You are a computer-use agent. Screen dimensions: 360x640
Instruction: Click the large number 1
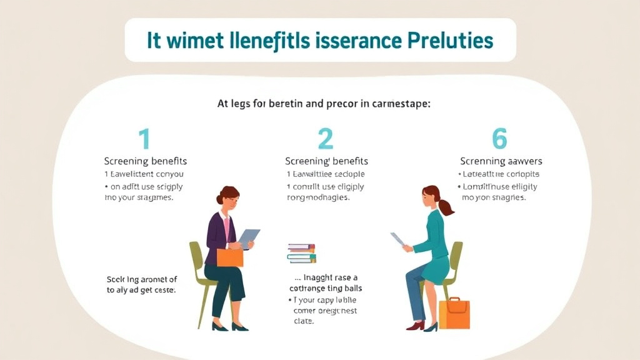[x=144, y=139]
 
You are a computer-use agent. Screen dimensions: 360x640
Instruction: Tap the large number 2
[x=326, y=139]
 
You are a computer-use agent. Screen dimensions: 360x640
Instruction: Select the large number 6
[x=499, y=139]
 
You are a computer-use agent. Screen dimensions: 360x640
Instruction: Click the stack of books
[x=302, y=253]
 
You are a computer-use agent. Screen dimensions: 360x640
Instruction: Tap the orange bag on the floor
[x=454, y=313]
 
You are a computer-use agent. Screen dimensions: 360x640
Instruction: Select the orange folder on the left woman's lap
[x=230, y=257]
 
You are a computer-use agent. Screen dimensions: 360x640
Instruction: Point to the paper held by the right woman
[x=398, y=239]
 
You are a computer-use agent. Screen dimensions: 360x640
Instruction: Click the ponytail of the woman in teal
[x=446, y=207]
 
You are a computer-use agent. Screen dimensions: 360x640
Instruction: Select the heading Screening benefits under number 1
[x=145, y=161]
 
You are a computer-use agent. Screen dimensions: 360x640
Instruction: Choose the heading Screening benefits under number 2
[x=326, y=161]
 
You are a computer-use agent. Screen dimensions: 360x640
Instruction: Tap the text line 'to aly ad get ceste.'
[x=141, y=291]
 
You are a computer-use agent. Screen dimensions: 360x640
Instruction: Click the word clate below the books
[x=304, y=321]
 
